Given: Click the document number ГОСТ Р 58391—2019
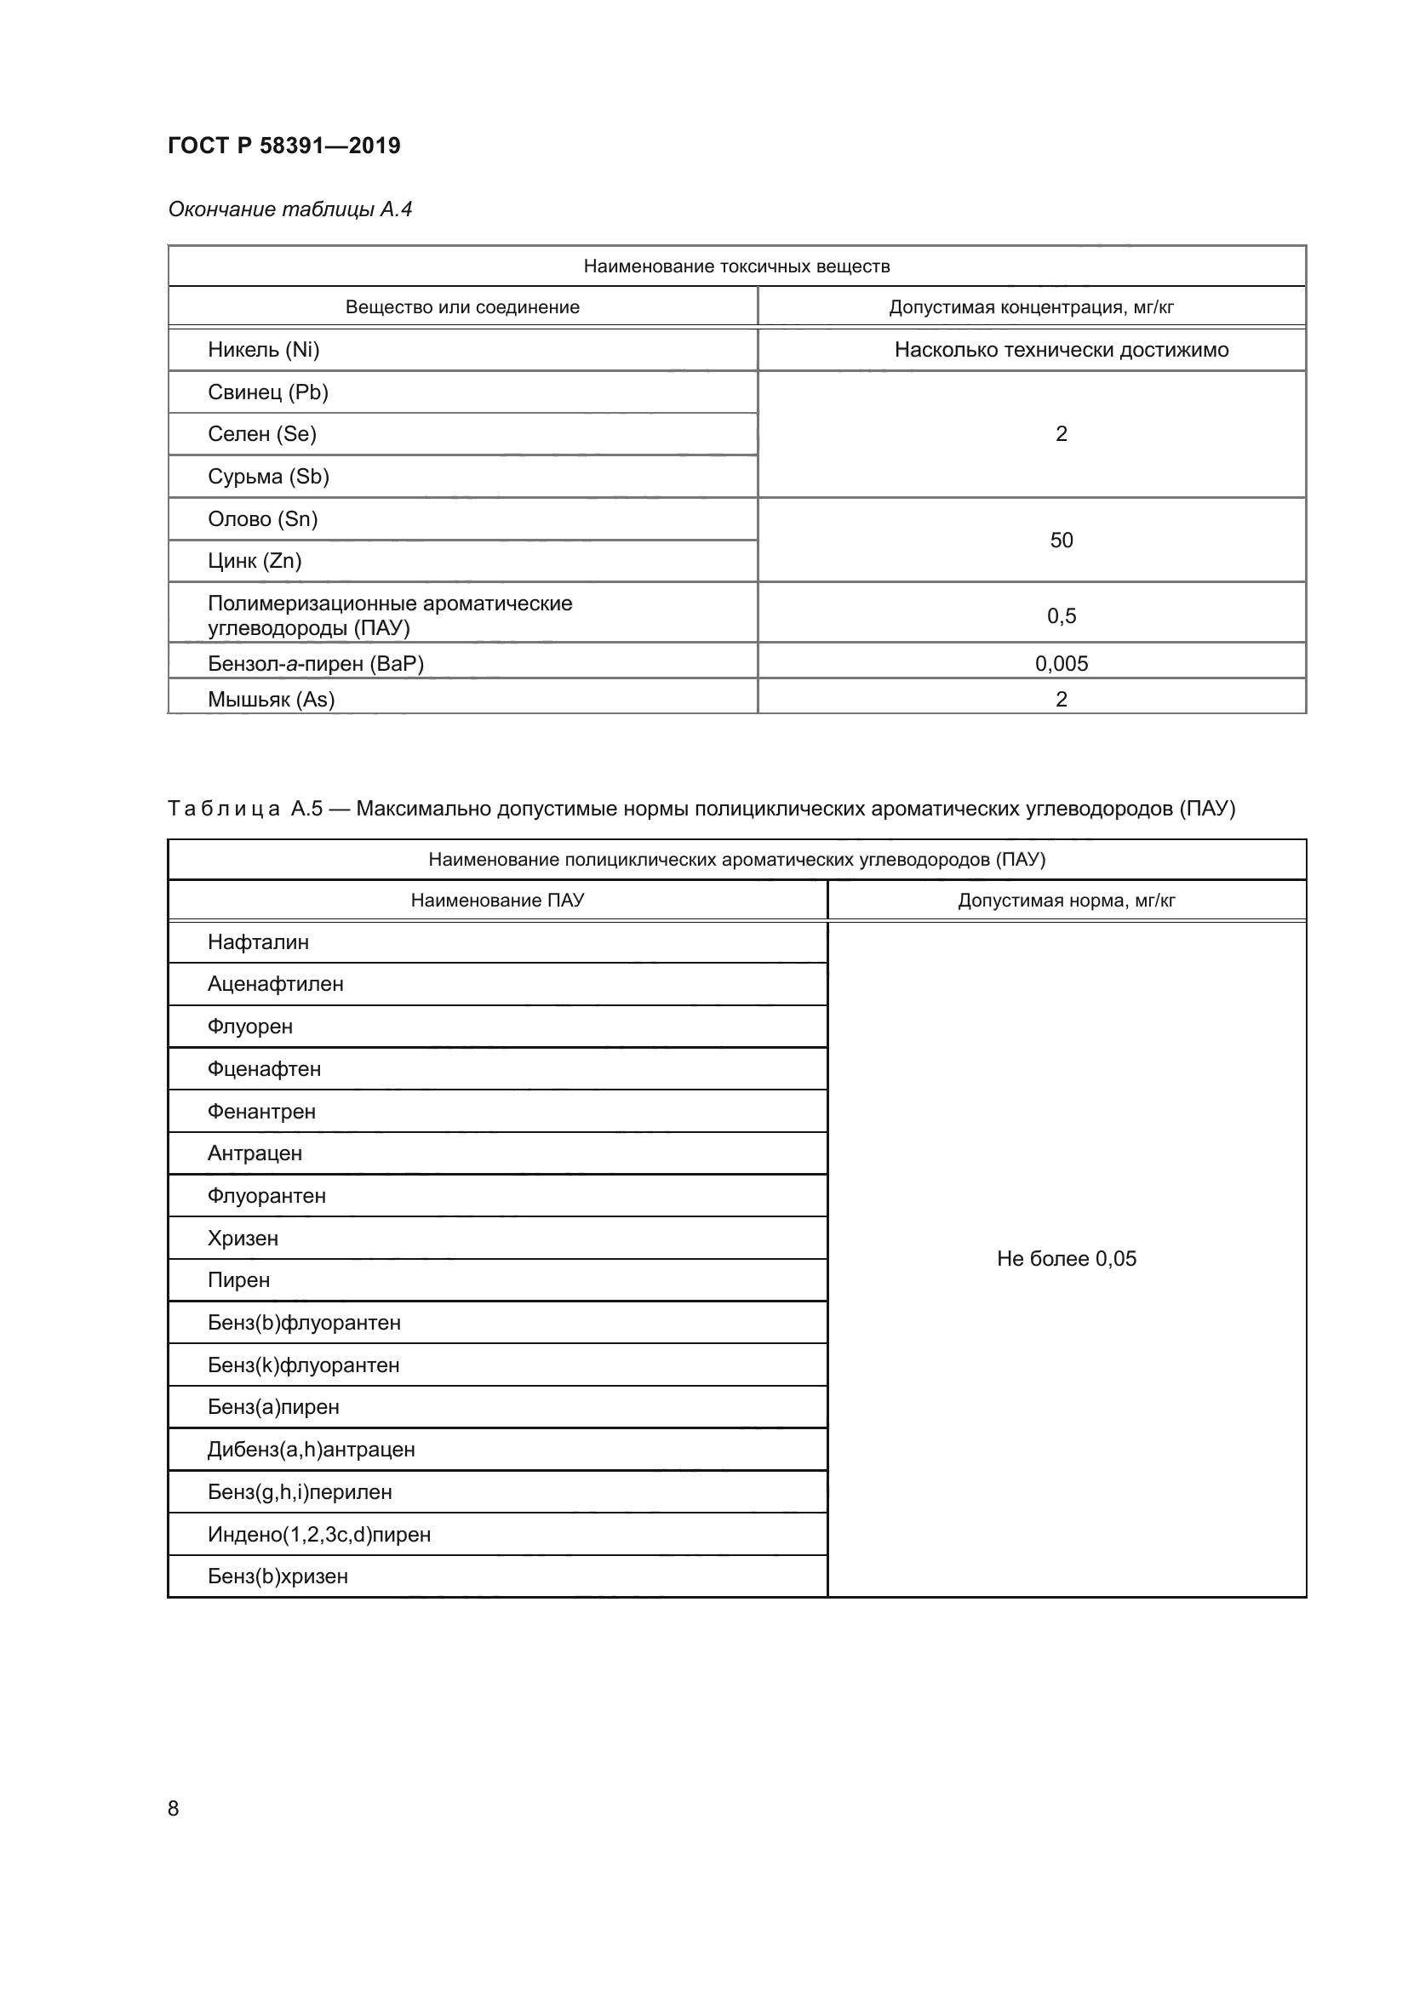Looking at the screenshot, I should coord(283,146).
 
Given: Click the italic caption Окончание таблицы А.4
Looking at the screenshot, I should coord(289,209).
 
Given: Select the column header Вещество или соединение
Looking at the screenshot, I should coord(462,307).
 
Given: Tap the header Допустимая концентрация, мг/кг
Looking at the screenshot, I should coord(1031,307).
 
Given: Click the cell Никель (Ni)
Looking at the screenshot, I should coord(264,350).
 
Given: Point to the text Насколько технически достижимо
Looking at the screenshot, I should coord(1062,350).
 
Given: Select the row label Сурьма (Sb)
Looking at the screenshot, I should coord(268,476).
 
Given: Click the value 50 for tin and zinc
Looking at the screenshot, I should coord(1062,541).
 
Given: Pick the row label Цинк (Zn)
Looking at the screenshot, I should coord(254,561).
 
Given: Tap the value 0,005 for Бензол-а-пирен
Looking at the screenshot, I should coord(1062,663).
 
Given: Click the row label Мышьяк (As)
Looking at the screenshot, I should coord(271,699).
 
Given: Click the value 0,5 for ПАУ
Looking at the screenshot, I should coord(1062,615).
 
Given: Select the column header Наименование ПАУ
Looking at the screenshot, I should coord(497,900).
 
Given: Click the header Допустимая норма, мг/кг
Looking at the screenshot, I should coord(1067,900).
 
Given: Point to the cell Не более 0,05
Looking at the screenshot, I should coord(1067,1258).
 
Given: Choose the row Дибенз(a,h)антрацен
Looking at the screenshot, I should coord(311,1449).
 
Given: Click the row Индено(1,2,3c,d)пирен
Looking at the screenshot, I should coord(318,1534).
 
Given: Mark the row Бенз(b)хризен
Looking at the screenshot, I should coord(278,1576).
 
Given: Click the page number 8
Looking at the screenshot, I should coord(174,1808).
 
